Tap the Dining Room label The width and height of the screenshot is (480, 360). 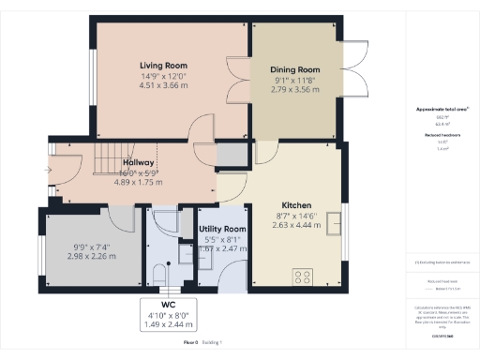pos(295,69)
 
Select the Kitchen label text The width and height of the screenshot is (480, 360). pos(296,205)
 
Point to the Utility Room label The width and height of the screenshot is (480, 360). pos(223,229)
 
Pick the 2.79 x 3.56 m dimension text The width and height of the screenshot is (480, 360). pos(295,90)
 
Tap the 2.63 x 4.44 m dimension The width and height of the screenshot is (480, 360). pos(296,225)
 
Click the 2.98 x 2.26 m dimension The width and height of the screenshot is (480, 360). pos(91,254)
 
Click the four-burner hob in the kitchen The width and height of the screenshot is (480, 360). pos(304,276)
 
